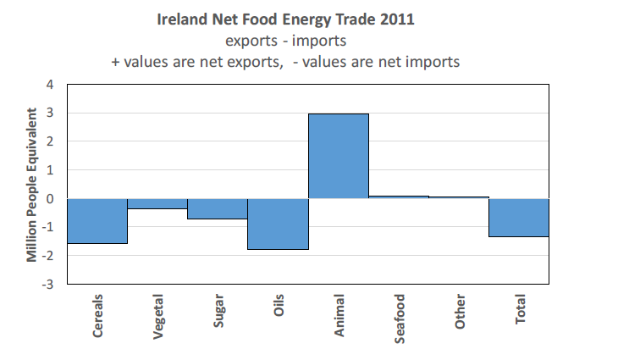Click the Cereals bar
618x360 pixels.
(x=97, y=221)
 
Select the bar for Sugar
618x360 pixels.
(x=217, y=208)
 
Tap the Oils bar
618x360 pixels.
(x=277, y=224)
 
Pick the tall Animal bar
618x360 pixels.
(x=338, y=156)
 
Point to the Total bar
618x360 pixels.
(x=518, y=218)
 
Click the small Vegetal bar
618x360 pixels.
(x=157, y=203)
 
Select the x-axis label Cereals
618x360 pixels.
(x=98, y=316)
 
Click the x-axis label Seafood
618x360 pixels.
(x=399, y=318)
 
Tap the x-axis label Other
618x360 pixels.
(x=460, y=311)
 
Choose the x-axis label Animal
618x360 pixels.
(x=339, y=314)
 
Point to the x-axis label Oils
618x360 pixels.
(x=279, y=307)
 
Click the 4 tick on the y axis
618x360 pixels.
(x=49, y=85)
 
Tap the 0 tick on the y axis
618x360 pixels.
(x=49, y=199)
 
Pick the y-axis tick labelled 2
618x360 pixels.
(x=49, y=141)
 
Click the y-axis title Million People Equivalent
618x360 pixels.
(x=31, y=184)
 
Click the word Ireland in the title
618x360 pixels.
(x=183, y=19)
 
